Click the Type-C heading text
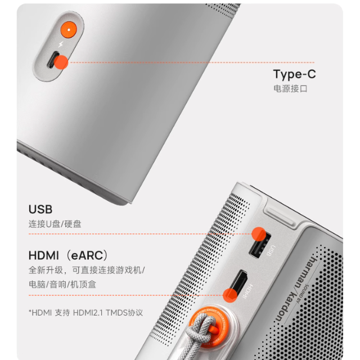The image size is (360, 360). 295,74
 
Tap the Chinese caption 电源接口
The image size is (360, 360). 290,89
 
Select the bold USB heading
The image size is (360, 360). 40,209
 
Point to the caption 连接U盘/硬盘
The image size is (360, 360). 55,224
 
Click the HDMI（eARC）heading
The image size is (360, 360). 68,255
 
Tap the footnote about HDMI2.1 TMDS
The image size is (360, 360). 85,313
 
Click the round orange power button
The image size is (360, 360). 69,30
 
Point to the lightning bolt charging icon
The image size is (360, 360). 61,44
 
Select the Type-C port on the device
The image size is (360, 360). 53,60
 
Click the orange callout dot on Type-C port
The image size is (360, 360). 61,62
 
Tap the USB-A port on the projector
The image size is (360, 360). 260,245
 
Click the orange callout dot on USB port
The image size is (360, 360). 259,234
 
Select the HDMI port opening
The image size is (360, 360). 238,283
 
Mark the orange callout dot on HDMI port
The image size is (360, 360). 230,295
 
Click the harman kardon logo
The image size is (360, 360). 295,289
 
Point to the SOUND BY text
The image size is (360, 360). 303,294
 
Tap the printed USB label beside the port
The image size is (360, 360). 271,251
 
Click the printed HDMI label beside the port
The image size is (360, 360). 247,291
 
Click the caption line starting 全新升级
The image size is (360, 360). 87,270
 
